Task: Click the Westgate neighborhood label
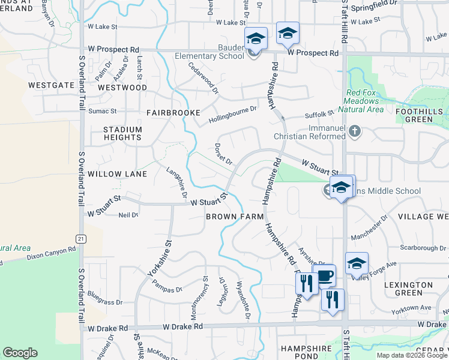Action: (51, 85)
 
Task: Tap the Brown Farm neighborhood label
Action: (231, 216)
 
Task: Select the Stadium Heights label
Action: (122, 133)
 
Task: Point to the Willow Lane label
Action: (117, 174)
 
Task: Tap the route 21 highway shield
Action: (80, 238)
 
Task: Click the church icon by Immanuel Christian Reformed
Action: (355, 131)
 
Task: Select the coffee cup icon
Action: (324, 276)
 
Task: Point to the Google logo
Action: (20, 353)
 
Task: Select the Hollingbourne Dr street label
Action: (232, 115)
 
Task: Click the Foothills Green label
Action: (423, 115)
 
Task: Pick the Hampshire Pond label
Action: (306, 352)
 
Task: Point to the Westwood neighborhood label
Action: (122, 88)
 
